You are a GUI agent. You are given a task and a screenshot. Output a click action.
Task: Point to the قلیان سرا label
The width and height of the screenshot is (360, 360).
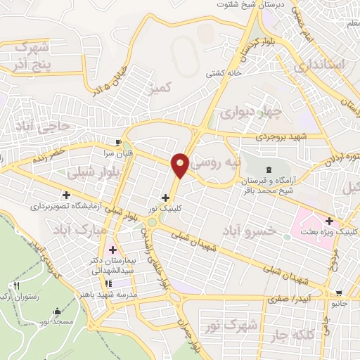(117, 151)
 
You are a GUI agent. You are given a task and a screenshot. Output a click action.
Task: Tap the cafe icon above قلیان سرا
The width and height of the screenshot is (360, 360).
(118, 141)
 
